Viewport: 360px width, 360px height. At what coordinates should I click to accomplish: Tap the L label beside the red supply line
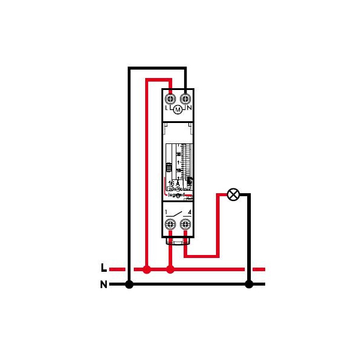point(104,268)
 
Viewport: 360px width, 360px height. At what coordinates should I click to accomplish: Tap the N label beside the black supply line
point(104,284)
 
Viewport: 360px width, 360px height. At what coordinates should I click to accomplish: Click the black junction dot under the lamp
point(249,284)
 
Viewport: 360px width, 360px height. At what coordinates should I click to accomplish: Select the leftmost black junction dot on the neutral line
point(129,284)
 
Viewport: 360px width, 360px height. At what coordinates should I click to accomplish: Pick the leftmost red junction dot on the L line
point(147,269)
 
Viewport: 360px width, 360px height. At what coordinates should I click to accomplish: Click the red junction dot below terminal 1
point(170,269)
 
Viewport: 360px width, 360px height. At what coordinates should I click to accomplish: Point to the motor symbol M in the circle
point(178,109)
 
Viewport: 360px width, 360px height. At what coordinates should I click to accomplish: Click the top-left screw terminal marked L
point(170,97)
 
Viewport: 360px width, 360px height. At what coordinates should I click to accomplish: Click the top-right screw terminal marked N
point(186,97)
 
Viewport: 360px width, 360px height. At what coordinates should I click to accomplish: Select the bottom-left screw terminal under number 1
point(170,224)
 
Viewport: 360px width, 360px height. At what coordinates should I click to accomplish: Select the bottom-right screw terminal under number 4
point(186,224)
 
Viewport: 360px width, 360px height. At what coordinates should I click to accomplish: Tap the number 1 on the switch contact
point(166,212)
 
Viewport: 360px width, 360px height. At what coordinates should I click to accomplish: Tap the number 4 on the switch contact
point(190,212)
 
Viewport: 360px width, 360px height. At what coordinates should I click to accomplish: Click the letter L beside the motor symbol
point(166,109)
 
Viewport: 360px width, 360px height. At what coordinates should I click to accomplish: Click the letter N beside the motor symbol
point(189,109)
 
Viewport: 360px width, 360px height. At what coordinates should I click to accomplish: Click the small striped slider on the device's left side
point(169,167)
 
